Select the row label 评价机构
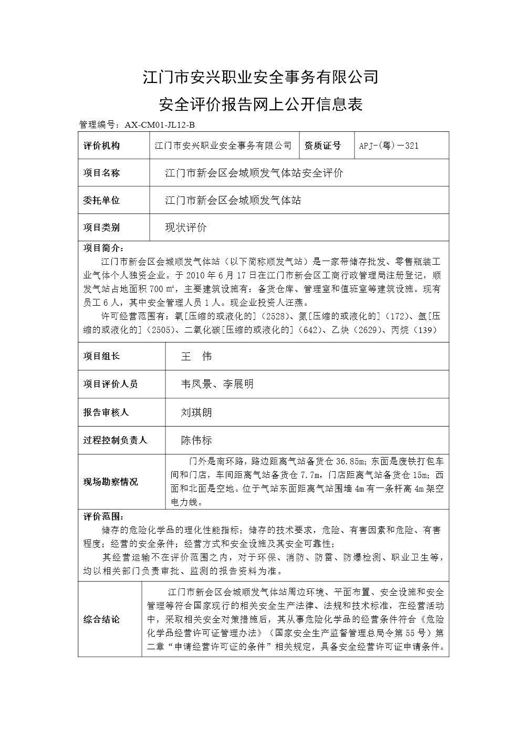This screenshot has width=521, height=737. pyautogui.click(x=101, y=146)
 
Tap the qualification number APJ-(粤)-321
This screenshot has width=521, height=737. pyautogui.click(x=389, y=146)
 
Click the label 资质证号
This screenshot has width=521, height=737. pyautogui.click(x=322, y=146)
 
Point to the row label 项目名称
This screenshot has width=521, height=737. pyautogui.click(x=101, y=173)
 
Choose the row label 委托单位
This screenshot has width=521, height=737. pyautogui.click(x=101, y=200)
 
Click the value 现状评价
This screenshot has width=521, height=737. pyautogui.click(x=186, y=227)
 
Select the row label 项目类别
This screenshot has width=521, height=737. pyautogui.click(x=101, y=227)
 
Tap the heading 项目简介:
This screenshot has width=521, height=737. pyautogui.click(x=103, y=248)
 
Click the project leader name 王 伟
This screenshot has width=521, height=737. pyautogui.click(x=196, y=356)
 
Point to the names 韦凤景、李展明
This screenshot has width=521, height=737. pyautogui.click(x=217, y=384)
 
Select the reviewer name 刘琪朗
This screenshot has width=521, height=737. pyautogui.click(x=196, y=412)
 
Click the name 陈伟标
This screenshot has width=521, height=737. pyautogui.click(x=196, y=440)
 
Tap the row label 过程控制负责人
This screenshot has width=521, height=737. pyautogui.click(x=115, y=440)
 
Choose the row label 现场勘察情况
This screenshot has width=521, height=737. pyautogui.click(x=110, y=482)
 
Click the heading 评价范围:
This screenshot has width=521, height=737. pyautogui.click(x=103, y=516)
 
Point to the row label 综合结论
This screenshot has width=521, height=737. pyautogui.click(x=101, y=619)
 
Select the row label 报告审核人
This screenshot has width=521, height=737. pyautogui.click(x=106, y=412)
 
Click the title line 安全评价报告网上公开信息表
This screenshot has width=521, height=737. pyautogui.click(x=260, y=105)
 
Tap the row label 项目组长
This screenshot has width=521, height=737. pyautogui.click(x=101, y=356)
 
